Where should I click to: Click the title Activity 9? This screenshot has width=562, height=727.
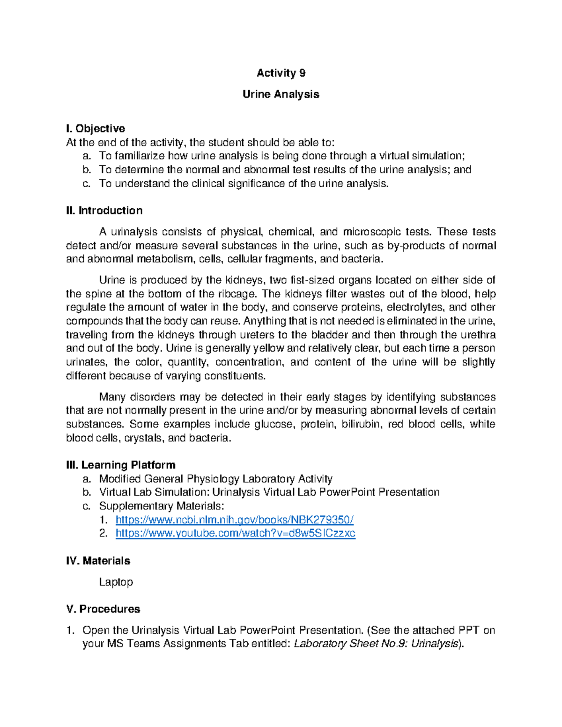coord(281,73)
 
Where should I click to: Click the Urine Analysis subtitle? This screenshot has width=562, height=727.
coord(281,94)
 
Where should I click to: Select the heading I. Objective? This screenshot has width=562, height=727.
coord(96,128)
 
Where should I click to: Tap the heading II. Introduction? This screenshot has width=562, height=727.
coord(104,210)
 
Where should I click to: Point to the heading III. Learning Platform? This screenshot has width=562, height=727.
coord(121,465)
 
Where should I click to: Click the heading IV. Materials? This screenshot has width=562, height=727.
coord(98,560)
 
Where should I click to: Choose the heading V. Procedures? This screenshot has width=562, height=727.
coord(103,609)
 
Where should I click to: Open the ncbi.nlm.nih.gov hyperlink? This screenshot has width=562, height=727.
coord(234,520)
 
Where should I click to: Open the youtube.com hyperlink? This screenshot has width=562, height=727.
coord(235,533)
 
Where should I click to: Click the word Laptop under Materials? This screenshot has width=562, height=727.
coord(116,582)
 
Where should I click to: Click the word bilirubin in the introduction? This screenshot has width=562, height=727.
coord(362,424)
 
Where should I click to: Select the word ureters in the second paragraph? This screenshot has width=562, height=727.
coord(254,335)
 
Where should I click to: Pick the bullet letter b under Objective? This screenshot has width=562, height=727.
coord(86,169)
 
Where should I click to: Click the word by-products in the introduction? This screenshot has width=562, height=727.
coord(416,246)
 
